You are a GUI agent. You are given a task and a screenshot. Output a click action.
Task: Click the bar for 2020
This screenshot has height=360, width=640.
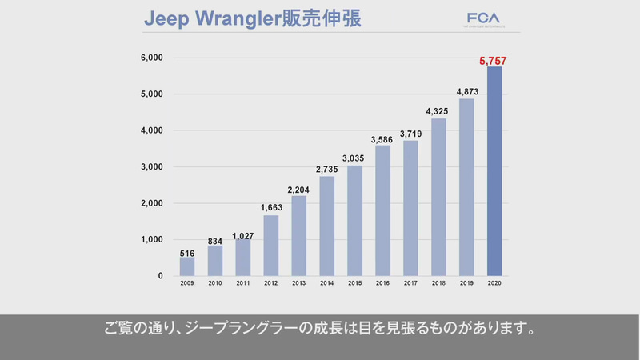(494, 171)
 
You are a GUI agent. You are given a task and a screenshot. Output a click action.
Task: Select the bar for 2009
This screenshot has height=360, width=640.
(186, 266)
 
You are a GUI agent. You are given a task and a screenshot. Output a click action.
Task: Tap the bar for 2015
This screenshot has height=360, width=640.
(354, 221)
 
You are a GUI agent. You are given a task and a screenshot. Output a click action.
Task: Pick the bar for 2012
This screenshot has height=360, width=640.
(270, 246)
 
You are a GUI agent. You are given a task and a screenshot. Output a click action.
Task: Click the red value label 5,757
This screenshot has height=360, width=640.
(494, 60)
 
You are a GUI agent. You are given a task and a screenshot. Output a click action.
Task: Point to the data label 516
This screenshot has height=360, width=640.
(186, 253)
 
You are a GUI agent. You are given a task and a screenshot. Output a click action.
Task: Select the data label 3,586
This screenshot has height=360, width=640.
(382, 139)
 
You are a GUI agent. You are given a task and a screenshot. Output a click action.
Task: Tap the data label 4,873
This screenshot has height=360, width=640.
(466, 92)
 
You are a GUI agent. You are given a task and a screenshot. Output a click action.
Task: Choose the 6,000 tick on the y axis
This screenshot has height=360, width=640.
(151, 58)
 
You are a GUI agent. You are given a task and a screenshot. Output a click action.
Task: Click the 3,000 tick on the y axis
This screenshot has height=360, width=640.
(151, 166)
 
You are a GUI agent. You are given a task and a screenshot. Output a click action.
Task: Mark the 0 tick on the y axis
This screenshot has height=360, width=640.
(160, 276)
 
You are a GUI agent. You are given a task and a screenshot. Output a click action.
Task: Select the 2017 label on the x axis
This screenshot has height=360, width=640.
(410, 283)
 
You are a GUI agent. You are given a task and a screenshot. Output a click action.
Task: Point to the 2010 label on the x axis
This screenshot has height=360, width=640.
(214, 283)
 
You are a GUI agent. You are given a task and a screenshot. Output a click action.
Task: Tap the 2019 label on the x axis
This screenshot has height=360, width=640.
(466, 283)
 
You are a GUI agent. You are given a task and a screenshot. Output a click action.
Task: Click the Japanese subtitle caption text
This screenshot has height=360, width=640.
(320, 329)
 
